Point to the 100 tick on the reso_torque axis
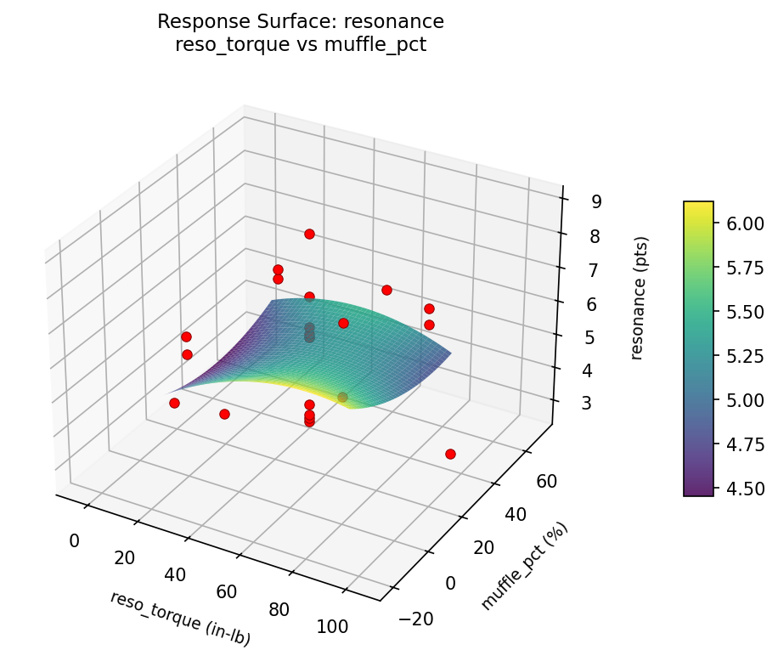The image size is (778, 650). click(332, 627)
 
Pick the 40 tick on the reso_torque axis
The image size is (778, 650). click(175, 574)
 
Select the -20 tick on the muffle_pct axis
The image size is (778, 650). click(415, 619)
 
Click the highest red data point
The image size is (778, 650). click(309, 234)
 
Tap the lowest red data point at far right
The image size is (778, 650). click(450, 454)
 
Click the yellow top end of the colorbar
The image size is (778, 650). click(698, 206)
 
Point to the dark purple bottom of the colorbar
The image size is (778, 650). click(698, 490)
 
